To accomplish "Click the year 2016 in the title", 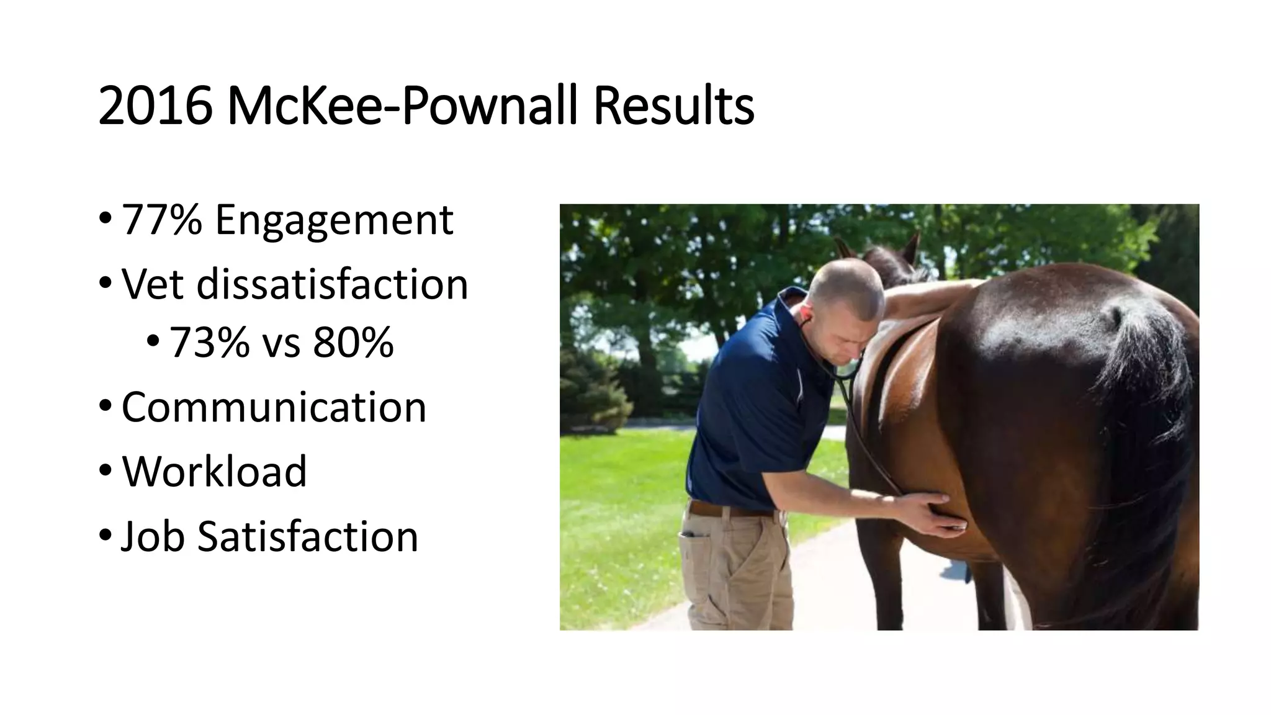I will point(155,106).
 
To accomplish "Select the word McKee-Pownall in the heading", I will point(403,106).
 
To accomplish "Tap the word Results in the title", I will point(673,106).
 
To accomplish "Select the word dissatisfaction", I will point(332,284).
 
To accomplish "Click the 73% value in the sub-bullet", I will point(209,342).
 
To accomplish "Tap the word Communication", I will point(274,407).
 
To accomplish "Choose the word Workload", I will point(214,471).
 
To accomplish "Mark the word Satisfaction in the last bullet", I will point(308,536).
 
